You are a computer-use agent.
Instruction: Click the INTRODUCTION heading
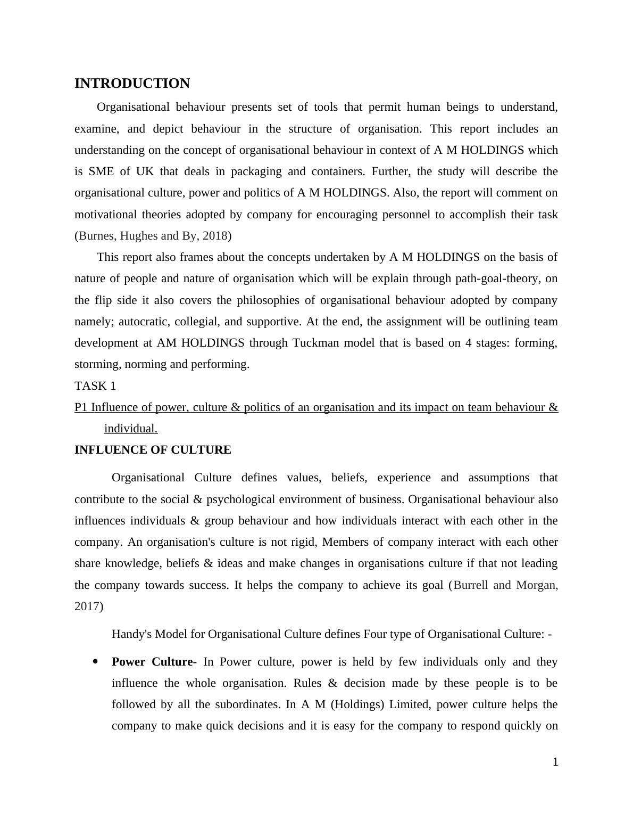[132, 84]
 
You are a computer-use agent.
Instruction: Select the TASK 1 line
[95, 386]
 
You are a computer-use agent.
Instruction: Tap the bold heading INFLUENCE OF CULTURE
[153, 450]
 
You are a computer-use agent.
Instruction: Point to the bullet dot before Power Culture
[96, 662]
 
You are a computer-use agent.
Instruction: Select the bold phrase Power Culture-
[154, 662]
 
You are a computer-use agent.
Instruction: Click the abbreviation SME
[102, 171]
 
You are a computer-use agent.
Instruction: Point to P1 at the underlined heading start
[81, 407]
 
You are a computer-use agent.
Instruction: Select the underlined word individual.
[130, 429]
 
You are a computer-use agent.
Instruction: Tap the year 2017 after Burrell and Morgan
[87, 606]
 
